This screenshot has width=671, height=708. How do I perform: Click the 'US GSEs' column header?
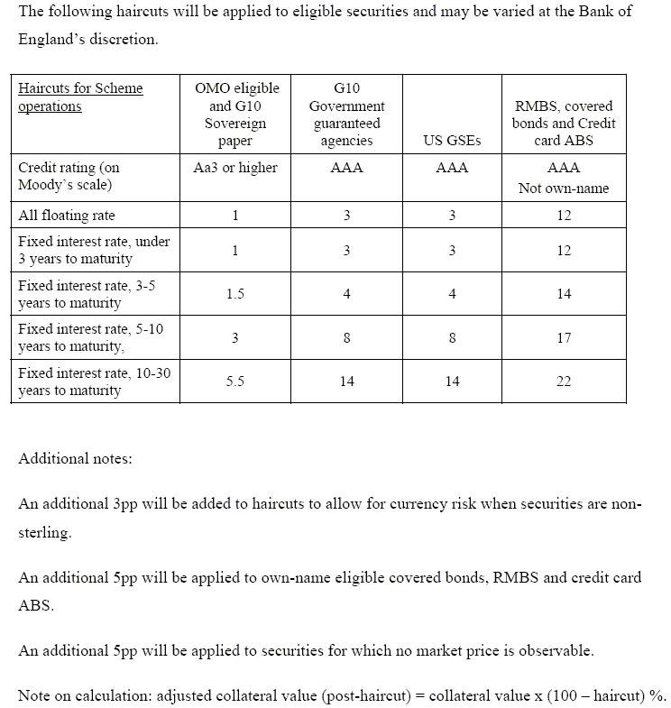[x=452, y=141]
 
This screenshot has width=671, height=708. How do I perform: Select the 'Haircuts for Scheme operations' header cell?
[x=80, y=97]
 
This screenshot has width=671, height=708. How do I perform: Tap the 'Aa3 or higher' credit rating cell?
[x=235, y=168]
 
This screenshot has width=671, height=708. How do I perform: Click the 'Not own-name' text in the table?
[x=564, y=188]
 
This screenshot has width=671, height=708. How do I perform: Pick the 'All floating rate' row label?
[x=67, y=216]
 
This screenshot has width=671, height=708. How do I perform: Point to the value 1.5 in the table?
[x=235, y=294]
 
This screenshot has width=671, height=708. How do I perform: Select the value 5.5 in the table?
[x=235, y=382]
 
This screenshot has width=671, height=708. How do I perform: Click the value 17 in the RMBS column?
[x=564, y=338]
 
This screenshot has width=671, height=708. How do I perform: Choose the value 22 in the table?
[x=564, y=382]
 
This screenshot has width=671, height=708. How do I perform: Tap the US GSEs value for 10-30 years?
[x=452, y=382]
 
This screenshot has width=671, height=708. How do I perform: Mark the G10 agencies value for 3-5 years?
[x=347, y=294]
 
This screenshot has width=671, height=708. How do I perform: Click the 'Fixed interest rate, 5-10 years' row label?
[x=90, y=337]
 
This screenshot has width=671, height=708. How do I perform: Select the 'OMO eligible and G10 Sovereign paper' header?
[x=236, y=115]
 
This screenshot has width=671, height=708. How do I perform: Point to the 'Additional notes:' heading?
[x=75, y=458]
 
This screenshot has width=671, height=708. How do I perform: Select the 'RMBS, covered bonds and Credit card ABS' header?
[x=564, y=124]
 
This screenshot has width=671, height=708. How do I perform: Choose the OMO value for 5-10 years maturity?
[x=235, y=338]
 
